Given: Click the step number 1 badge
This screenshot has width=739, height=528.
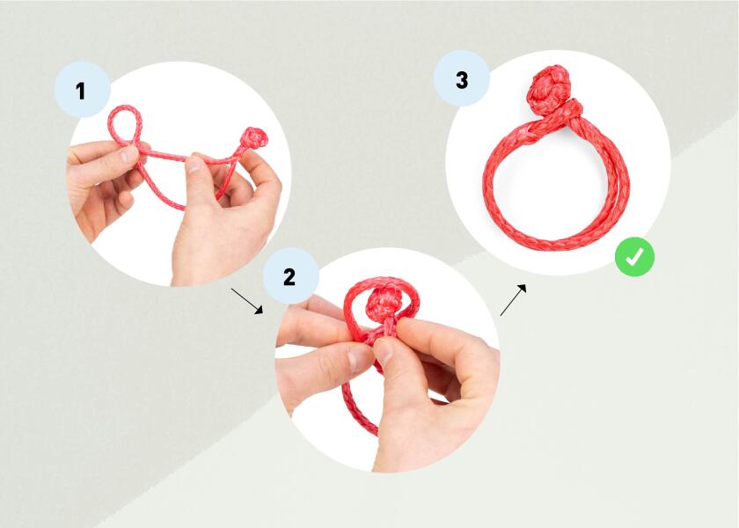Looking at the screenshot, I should [81, 89].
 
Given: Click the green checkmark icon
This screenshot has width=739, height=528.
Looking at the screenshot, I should [634, 257].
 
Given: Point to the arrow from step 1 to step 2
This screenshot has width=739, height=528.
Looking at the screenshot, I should [246, 299].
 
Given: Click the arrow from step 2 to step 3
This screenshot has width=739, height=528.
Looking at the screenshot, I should [515, 299].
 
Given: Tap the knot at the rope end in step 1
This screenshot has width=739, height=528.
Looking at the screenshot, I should [254, 138].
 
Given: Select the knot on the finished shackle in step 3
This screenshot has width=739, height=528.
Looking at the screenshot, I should [552, 85].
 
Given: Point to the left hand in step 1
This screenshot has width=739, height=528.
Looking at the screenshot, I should [101, 185].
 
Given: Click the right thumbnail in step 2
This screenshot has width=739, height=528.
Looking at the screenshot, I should [386, 352].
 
